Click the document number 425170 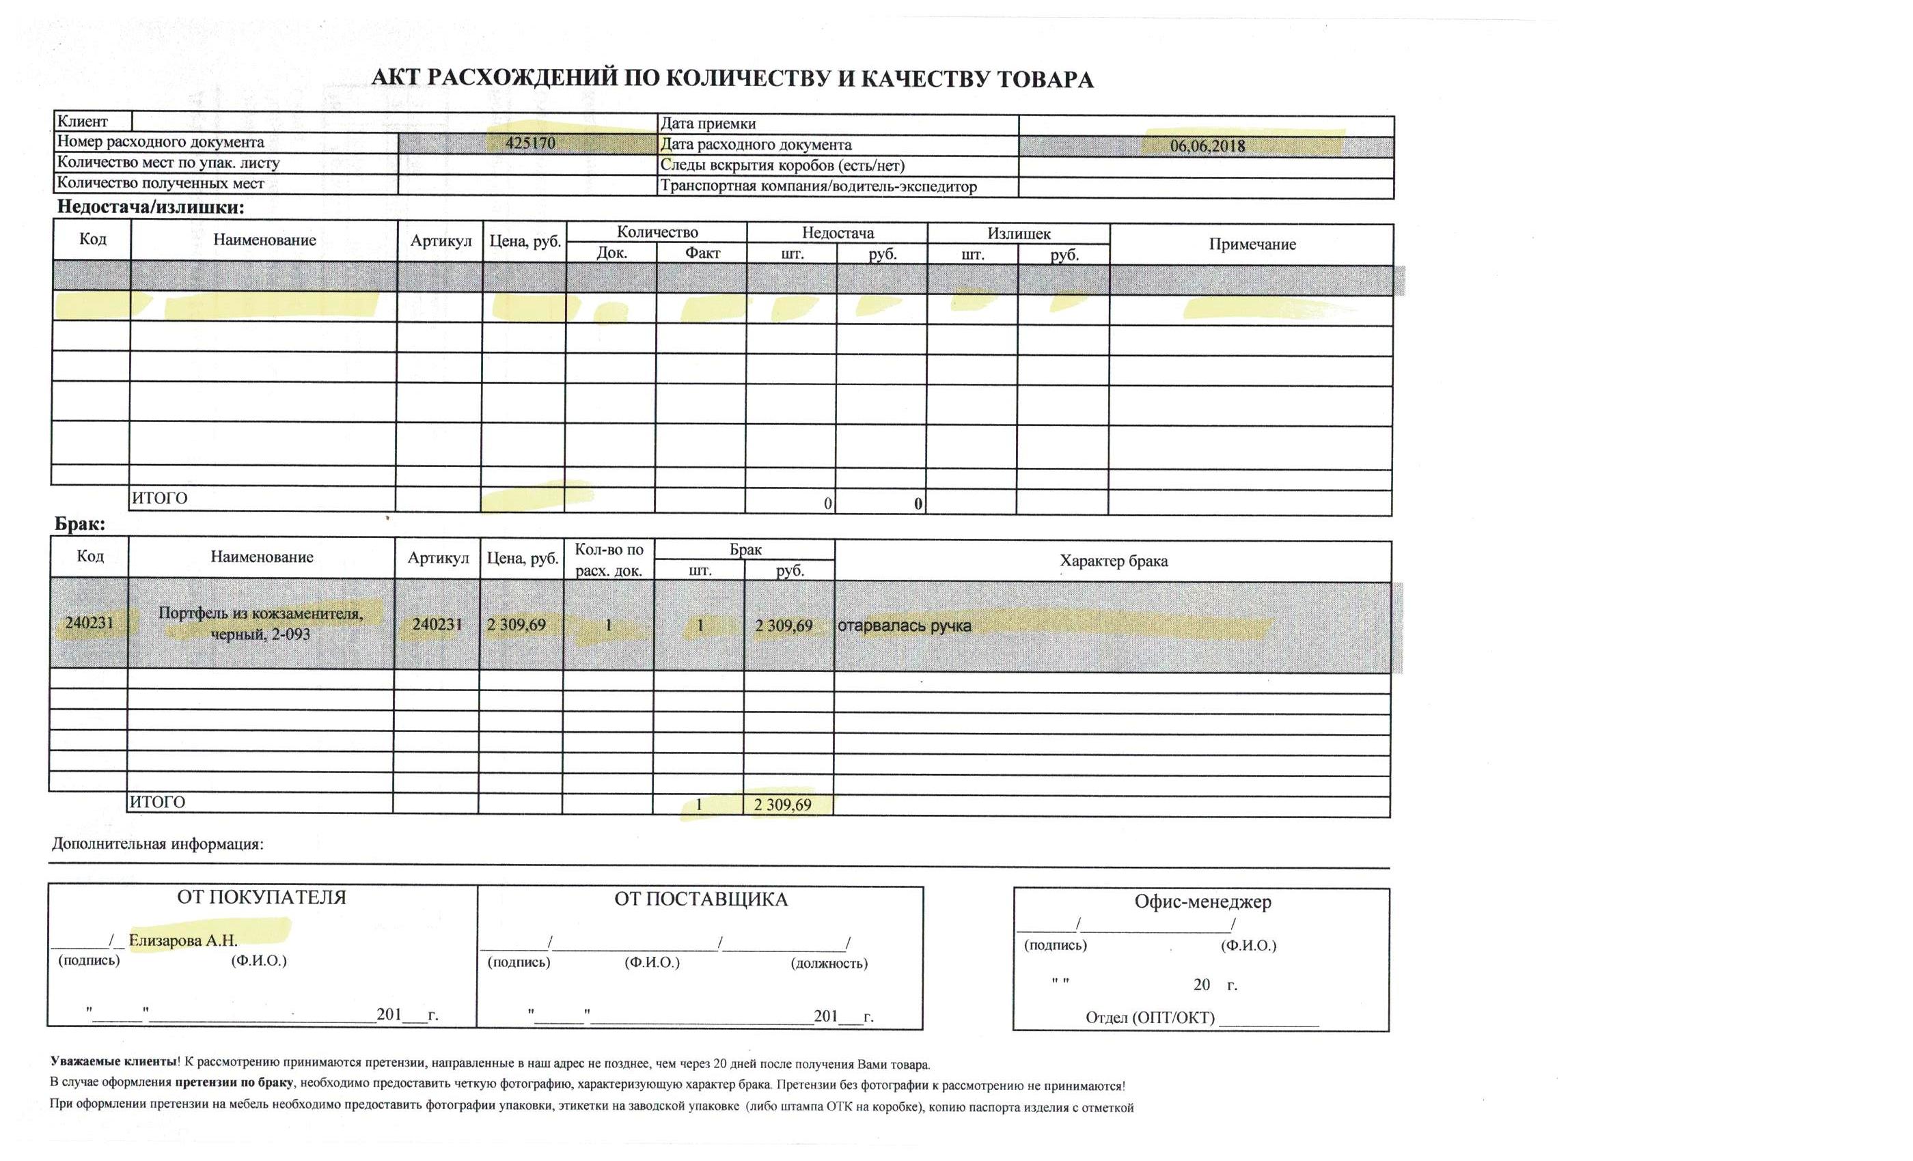pyautogui.click(x=530, y=143)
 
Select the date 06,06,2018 pyautogui.click(x=1207, y=146)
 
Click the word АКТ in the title pyautogui.click(x=396, y=78)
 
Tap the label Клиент pyautogui.click(x=82, y=121)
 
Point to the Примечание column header pyautogui.click(x=1252, y=244)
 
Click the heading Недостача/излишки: pyautogui.click(x=150, y=207)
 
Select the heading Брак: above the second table pyautogui.click(x=79, y=524)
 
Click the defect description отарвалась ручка pyautogui.click(x=904, y=626)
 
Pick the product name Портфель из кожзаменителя pyautogui.click(x=260, y=613)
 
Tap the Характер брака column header pyautogui.click(x=1114, y=561)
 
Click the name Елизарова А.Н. pyautogui.click(x=183, y=940)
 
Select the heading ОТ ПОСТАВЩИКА pyautogui.click(x=700, y=899)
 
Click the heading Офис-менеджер pyautogui.click(x=1202, y=901)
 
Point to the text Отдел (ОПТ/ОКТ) pyautogui.click(x=1149, y=1018)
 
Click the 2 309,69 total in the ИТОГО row pyautogui.click(x=782, y=805)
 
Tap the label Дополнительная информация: pyautogui.click(x=158, y=844)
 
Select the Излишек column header pyautogui.click(x=1019, y=234)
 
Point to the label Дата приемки pyautogui.click(x=707, y=124)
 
